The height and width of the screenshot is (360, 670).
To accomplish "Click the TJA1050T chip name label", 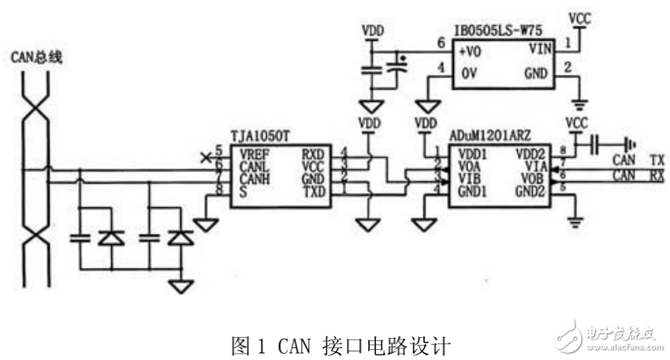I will [261, 136].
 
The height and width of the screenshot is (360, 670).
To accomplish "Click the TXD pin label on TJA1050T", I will [313, 191].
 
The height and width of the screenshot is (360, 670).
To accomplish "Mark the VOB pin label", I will [538, 178].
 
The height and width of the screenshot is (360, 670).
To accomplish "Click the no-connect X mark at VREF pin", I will [207, 154].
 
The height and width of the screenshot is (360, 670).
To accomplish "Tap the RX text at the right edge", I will [655, 174].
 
